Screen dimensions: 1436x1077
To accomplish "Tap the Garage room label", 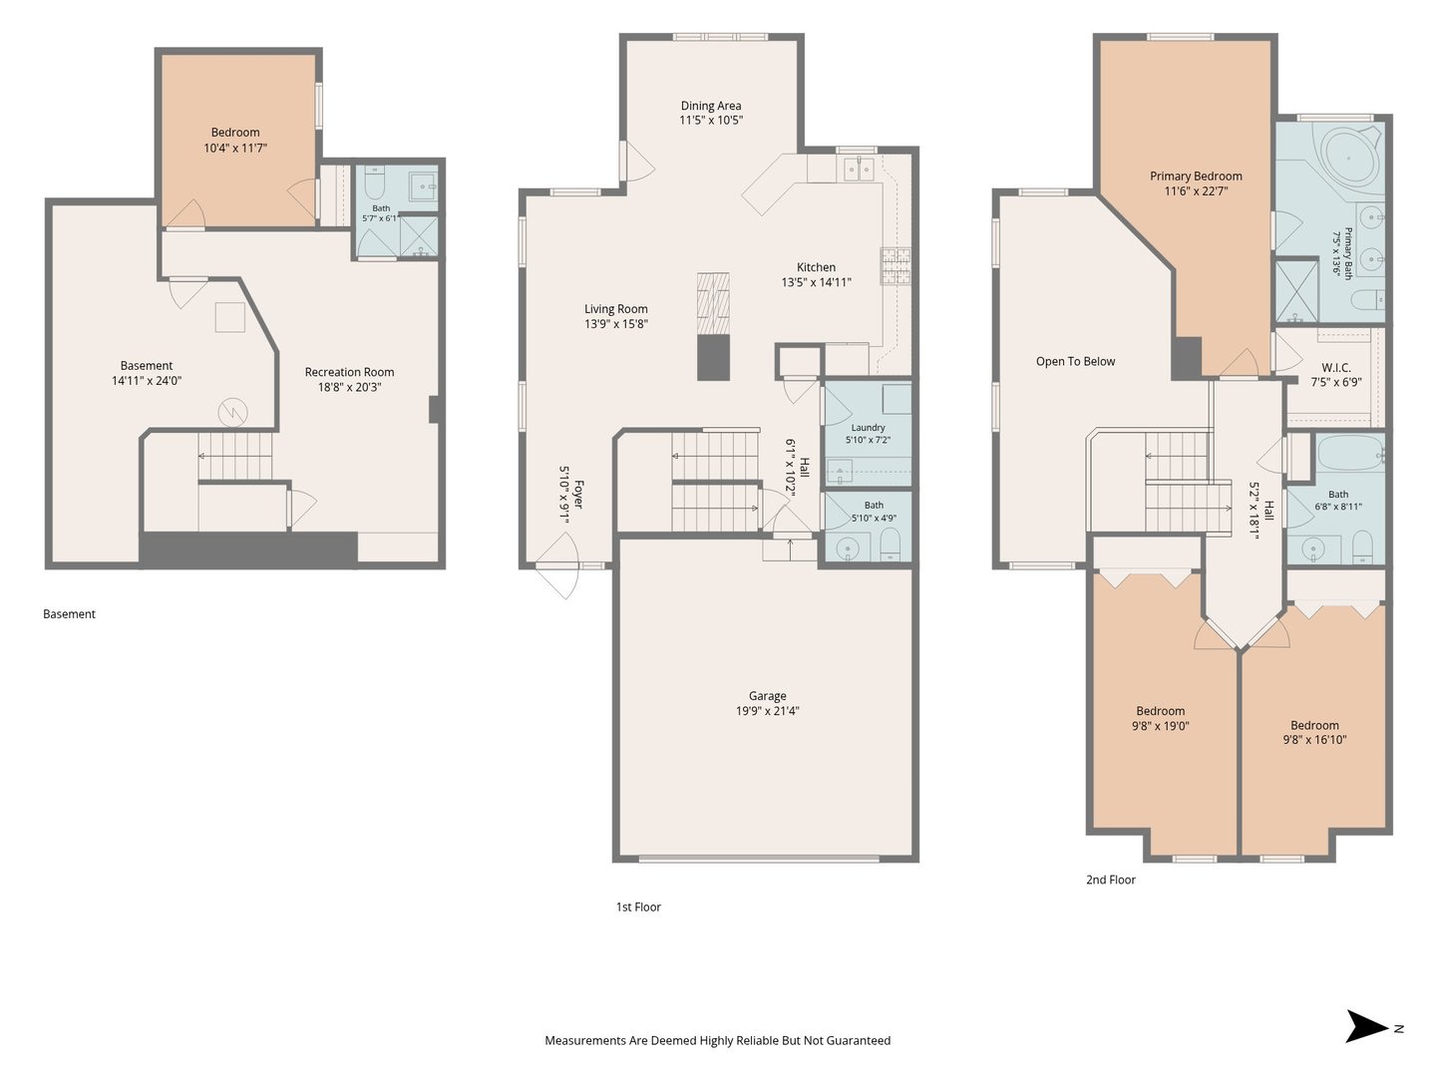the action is (x=768, y=696).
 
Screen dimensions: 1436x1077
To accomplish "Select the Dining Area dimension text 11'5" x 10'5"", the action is (x=711, y=121).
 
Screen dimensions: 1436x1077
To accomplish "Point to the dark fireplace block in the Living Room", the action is (x=713, y=357).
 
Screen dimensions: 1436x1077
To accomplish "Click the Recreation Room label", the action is (x=349, y=372).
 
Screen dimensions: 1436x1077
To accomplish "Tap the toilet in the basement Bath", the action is (x=375, y=182).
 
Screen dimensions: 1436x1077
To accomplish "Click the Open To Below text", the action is (x=1076, y=362).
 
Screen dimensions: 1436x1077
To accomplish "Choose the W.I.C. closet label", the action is (x=1336, y=368).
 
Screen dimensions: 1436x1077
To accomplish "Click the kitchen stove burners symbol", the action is (x=896, y=266).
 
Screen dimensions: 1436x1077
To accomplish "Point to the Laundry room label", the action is (x=869, y=428).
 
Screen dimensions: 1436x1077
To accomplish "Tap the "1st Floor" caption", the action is (x=638, y=907).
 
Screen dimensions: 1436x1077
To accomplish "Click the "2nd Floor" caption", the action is (x=1111, y=880).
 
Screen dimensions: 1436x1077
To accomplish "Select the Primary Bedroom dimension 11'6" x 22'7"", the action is (x=1196, y=191).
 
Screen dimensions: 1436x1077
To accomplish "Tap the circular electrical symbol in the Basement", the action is (x=232, y=412).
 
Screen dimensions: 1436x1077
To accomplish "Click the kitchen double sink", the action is (x=859, y=169).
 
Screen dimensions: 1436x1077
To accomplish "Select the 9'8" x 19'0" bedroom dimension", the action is (x=1161, y=726).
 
